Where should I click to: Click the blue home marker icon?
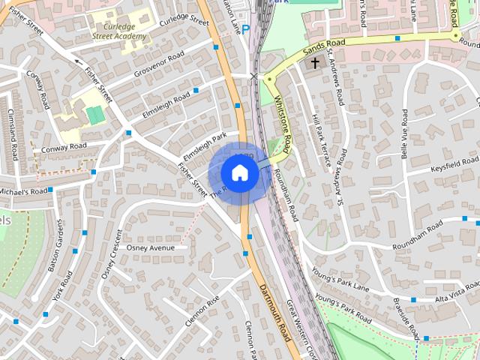[240, 172]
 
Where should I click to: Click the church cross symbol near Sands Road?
[315, 64]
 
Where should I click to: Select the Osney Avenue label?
[150, 247]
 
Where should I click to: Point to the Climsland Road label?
[12, 135]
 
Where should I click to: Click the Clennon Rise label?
[203, 312]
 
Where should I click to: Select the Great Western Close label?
[303, 331]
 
